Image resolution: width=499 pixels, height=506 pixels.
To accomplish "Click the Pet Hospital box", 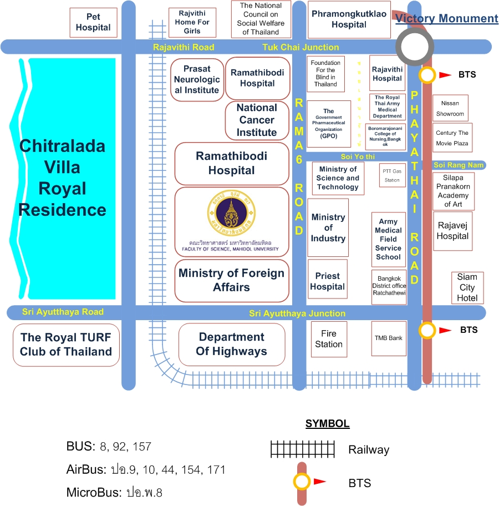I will click(x=93, y=22).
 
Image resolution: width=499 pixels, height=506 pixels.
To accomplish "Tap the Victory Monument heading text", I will click(x=446, y=19).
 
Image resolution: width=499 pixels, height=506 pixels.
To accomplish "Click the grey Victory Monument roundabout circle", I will click(x=415, y=47).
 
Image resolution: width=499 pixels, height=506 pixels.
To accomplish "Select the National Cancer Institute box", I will click(x=257, y=120).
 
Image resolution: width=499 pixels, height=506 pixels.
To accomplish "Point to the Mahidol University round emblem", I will click(x=232, y=214).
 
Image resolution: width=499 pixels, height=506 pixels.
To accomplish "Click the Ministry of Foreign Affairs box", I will click(x=232, y=280).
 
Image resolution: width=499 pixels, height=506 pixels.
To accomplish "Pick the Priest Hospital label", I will click(x=328, y=281).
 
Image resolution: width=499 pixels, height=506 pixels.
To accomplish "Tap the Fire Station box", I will click(x=329, y=339).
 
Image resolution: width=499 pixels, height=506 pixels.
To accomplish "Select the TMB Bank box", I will click(x=388, y=338).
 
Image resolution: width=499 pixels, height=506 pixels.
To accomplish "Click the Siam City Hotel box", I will click(x=467, y=287).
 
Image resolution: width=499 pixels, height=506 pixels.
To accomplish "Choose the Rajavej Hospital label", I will click(x=453, y=231).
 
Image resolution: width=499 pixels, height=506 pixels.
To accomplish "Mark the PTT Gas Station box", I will click(x=392, y=176).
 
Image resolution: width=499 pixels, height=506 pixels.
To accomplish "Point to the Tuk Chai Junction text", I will click(x=301, y=47).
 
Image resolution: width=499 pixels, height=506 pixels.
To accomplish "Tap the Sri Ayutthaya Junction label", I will click(x=297, y=313).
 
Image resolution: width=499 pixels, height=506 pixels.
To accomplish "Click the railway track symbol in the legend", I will click(x=303, y=449).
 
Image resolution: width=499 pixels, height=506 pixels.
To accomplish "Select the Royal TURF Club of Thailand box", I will click(x=66, y=345).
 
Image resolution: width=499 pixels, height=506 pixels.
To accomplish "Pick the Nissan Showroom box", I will click(x=450, y=108).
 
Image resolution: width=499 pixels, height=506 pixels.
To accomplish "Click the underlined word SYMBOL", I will click(x=327, y=424).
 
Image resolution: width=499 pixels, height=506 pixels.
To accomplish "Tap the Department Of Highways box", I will click(x=232, y=344).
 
